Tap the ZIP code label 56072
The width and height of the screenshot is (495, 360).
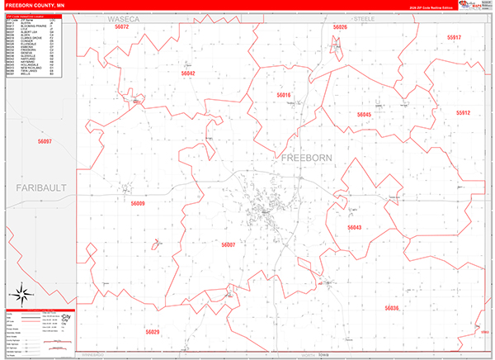point(122,27)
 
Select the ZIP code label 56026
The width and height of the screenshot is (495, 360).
point(340,27)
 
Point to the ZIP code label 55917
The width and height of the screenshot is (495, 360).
point(454,38)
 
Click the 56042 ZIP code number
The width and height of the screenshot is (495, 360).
point(188,74)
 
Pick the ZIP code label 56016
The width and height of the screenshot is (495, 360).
point(284,96)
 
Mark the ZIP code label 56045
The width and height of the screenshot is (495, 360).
point(364,115)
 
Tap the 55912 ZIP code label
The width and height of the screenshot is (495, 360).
point(462,112)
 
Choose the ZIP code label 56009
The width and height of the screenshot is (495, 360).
point(138,203)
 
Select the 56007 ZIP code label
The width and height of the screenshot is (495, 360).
point(229,244)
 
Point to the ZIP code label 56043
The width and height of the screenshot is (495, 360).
point(354,227)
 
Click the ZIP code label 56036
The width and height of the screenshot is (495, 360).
point(391,308)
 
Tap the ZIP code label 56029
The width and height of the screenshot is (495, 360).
point(153,331)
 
